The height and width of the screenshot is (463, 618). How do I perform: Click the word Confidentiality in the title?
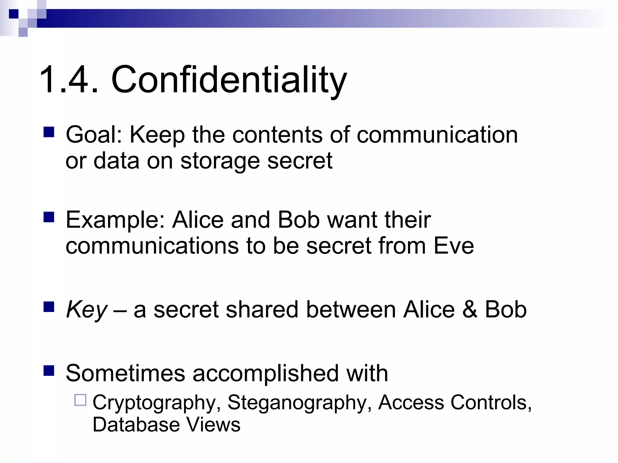(x=229, y=80)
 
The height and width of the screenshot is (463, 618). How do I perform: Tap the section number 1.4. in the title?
(x=69, y=80)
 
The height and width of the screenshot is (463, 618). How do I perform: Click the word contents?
(x=277, y=135)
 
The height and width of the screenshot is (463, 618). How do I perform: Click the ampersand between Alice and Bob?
(x=470, y=310)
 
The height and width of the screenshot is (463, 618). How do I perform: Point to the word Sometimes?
(x=125, y=373)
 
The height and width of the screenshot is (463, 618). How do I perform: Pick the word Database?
(x=136, y=425)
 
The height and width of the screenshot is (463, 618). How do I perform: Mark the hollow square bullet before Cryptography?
(x=80, y=400)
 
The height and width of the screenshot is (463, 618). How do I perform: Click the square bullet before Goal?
(x=49, y=132)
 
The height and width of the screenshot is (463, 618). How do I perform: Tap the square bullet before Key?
(x=49, y=307)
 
